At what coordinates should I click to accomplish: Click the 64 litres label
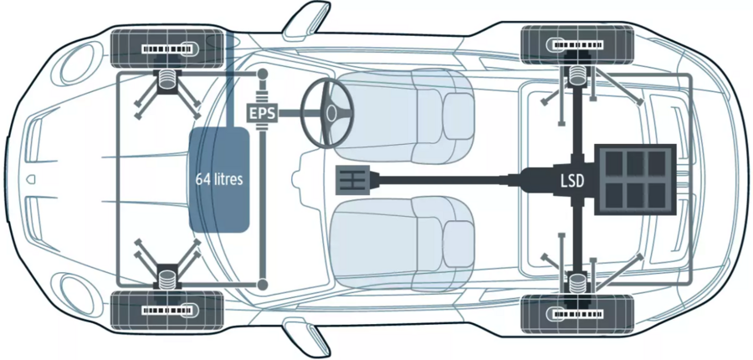point(219,179)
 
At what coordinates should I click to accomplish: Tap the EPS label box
point(262,112)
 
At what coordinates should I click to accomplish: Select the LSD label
point(572,180)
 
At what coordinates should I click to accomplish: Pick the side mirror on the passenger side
point(307,338)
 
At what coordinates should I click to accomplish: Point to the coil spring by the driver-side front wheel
point(167,80)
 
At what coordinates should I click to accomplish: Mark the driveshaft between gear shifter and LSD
point(452,179)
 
